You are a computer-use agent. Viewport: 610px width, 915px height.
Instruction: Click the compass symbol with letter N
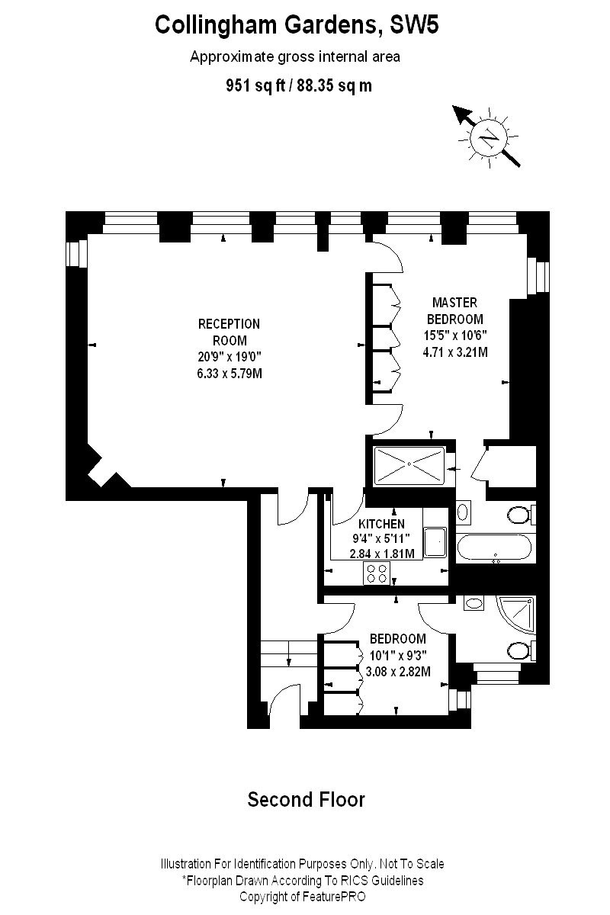pos(489,138)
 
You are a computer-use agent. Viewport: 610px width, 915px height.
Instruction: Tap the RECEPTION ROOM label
pos(229,332)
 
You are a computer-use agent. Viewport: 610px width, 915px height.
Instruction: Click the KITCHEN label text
pos(381,525)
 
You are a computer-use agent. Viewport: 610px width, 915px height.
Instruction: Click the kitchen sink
pos(437,542)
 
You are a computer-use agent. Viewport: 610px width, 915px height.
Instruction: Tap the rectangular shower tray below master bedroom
pos(409,465)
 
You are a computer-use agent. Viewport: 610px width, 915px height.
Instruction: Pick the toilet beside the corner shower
pos(521,651)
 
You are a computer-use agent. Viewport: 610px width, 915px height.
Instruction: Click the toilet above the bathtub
pos(520,516)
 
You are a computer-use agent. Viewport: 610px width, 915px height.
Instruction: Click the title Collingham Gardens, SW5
pos(297,25)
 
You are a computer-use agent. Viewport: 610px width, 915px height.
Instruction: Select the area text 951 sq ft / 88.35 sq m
pos(299,85)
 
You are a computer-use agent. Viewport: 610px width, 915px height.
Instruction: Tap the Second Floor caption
pos(306,799)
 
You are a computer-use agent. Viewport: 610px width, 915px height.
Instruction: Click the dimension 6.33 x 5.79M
pos(229,374)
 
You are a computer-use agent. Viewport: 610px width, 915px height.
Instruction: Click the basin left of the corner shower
pos(474,604)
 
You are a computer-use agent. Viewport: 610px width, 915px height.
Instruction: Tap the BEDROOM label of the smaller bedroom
pos(397,639)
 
